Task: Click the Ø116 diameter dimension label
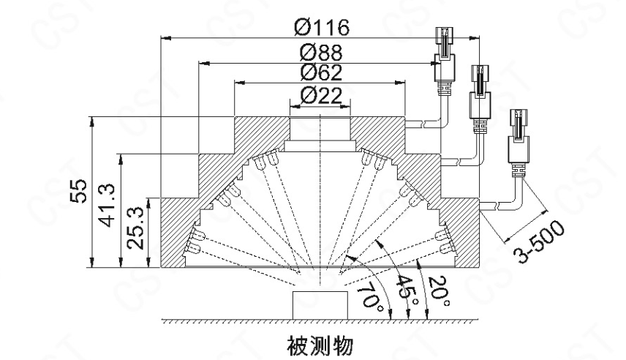[x=322, y=27]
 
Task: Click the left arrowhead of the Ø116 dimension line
[x=165, y=37]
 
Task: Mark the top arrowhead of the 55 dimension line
[x=91, y=121]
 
